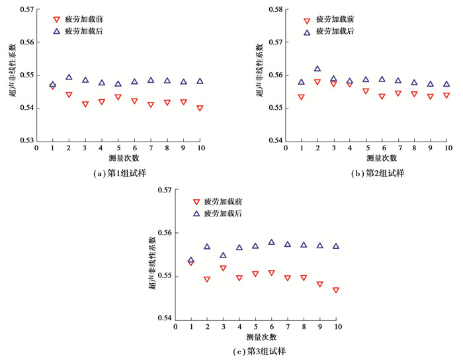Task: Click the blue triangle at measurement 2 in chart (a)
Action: click(69, 77)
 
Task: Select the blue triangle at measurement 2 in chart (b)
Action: click(317, 69)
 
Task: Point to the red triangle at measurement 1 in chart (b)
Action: click(302, 97)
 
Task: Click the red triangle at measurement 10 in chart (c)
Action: click(336, 291)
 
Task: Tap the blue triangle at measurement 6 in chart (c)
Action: click(271, 242)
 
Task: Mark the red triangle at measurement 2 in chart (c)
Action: click(207, 279)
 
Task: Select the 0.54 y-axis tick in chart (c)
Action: click(163, 318)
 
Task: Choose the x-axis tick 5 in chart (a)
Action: click(118, 148)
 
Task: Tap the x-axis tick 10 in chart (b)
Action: click(448, 148)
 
